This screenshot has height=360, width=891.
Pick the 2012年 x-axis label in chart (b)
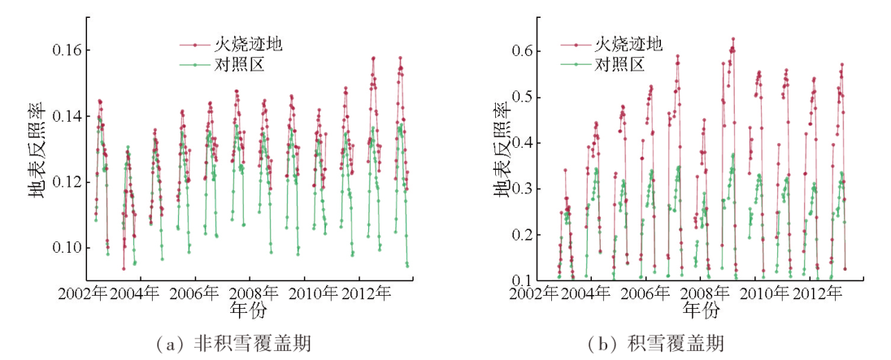point(816,293)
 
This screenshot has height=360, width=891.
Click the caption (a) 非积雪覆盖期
point(227,345)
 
